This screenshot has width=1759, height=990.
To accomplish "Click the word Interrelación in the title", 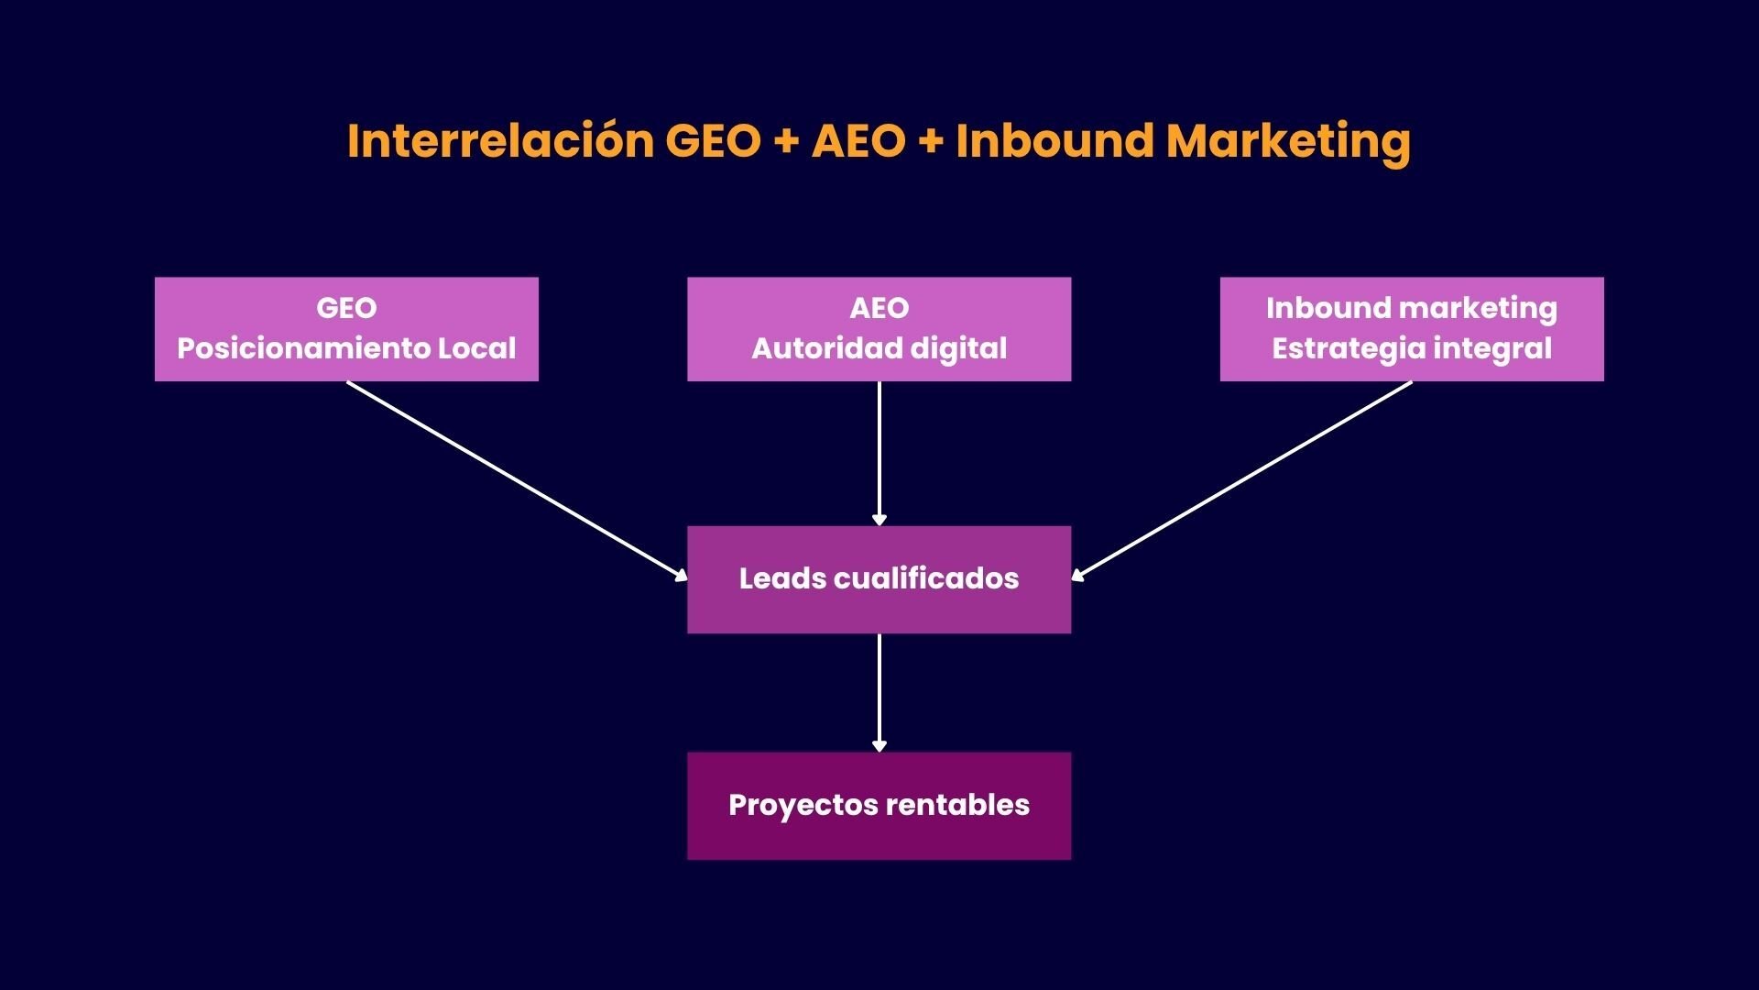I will coord(500,141).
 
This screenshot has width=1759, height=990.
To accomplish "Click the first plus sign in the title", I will coord(785,142).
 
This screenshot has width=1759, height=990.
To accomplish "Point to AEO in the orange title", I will coord(858,141).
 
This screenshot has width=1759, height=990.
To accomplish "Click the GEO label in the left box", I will coord(346,308).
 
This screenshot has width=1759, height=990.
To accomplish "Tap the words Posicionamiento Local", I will coord(346,348).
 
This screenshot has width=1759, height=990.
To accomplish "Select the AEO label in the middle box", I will coord(879,308).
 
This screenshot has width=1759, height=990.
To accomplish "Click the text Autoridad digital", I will coord(879,348).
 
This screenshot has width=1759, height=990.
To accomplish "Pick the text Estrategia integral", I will coord(1411,348).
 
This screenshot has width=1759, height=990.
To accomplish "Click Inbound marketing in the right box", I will coord(1411,308).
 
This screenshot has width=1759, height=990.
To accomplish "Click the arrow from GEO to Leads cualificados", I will coord(517,480).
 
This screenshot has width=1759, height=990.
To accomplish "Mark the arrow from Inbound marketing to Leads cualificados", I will coord(1241,480).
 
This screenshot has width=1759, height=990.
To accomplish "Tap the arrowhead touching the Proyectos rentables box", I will coord(879,746).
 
